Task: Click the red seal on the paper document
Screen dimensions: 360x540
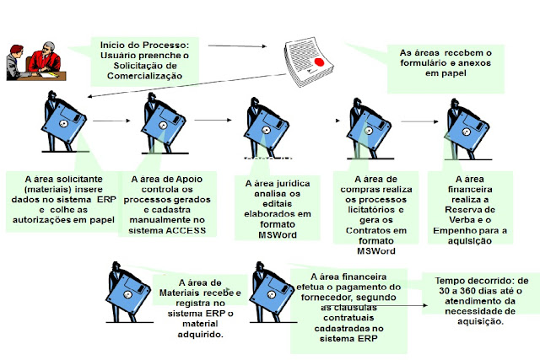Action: coord(321,62)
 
